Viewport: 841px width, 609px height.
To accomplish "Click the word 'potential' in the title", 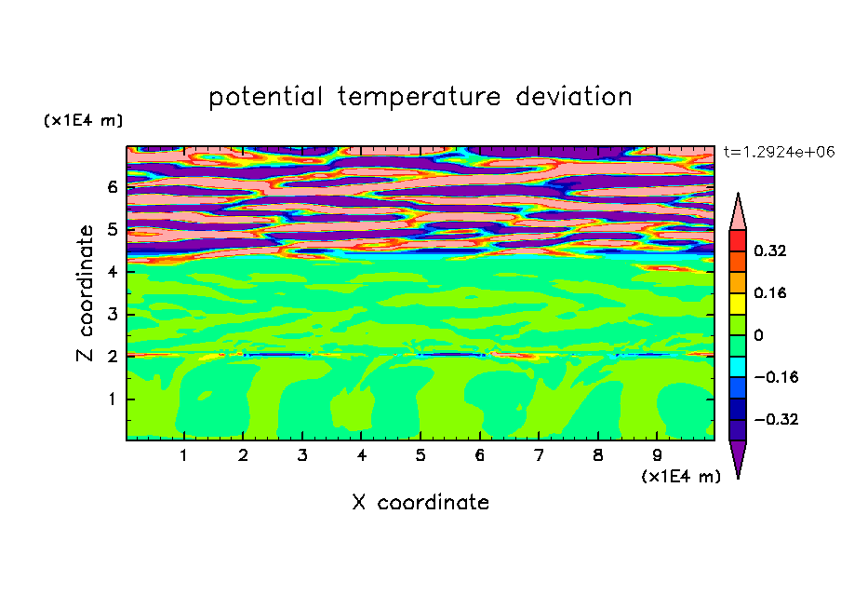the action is pyautogui.click(x=265, y=98).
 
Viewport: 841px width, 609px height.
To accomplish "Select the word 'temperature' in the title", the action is pyautogui.click(x=419, y=98).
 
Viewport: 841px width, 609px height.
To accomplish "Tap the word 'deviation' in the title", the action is pyautogui.click(x=574, y=97).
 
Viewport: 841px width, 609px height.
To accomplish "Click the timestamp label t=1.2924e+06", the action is pyautogui.click(x=779, y=152).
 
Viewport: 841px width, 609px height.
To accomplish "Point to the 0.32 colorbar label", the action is pyautogui.click(x=770, y=250).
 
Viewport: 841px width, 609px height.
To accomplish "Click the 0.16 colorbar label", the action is pyautogui.click(x=770, y=292).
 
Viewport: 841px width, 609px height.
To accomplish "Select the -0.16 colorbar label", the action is pyautogui.click(x=776, y=377).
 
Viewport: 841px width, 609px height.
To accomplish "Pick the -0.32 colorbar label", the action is pyautogui.click(x=776, y=419).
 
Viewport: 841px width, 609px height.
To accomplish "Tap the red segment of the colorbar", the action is pyautogui.click(x=738, y=240).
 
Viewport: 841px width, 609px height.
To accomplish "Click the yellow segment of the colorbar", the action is pyautogui.click(x=738, y=304).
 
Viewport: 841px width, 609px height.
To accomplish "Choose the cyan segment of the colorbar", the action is pyautogui.click(x=738, y=367).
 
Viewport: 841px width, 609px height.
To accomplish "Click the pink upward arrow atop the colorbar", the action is pyautogui.click(x=738, y=212).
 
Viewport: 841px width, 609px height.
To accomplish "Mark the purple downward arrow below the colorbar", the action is pyautogui.click(x=738, y=459).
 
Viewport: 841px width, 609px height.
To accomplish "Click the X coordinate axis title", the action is pyautogui.click(x=420, y=502).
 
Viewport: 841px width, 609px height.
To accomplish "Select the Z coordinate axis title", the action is pyautogui.click(x=86, y=293).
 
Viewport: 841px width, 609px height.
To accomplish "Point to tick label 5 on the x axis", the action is pyautogui.click(x=420, y=455).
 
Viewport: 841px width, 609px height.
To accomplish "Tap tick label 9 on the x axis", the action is pyautogui.click(x=657, y=455).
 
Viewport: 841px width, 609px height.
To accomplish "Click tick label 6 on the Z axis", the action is pyautogui.click(x=112, y=187).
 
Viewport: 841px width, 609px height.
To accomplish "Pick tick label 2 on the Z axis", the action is pyautogui.click(x=112, y=356).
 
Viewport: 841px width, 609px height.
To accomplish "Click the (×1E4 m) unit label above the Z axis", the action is pyautogui.click(x=83, y=120).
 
